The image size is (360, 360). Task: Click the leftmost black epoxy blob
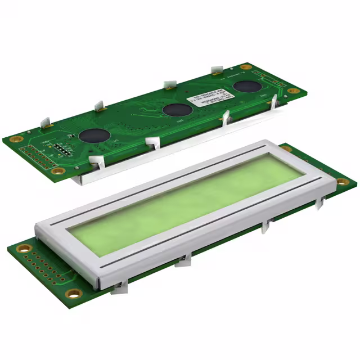coord(94,135)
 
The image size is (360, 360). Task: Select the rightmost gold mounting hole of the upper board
coord(294,90)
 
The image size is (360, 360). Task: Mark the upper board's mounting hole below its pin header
coord(58,170)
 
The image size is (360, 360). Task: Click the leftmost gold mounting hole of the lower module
coord(24,247)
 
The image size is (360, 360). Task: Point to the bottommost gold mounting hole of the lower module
coord(73,292)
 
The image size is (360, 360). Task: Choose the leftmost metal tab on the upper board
coord(47,120)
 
